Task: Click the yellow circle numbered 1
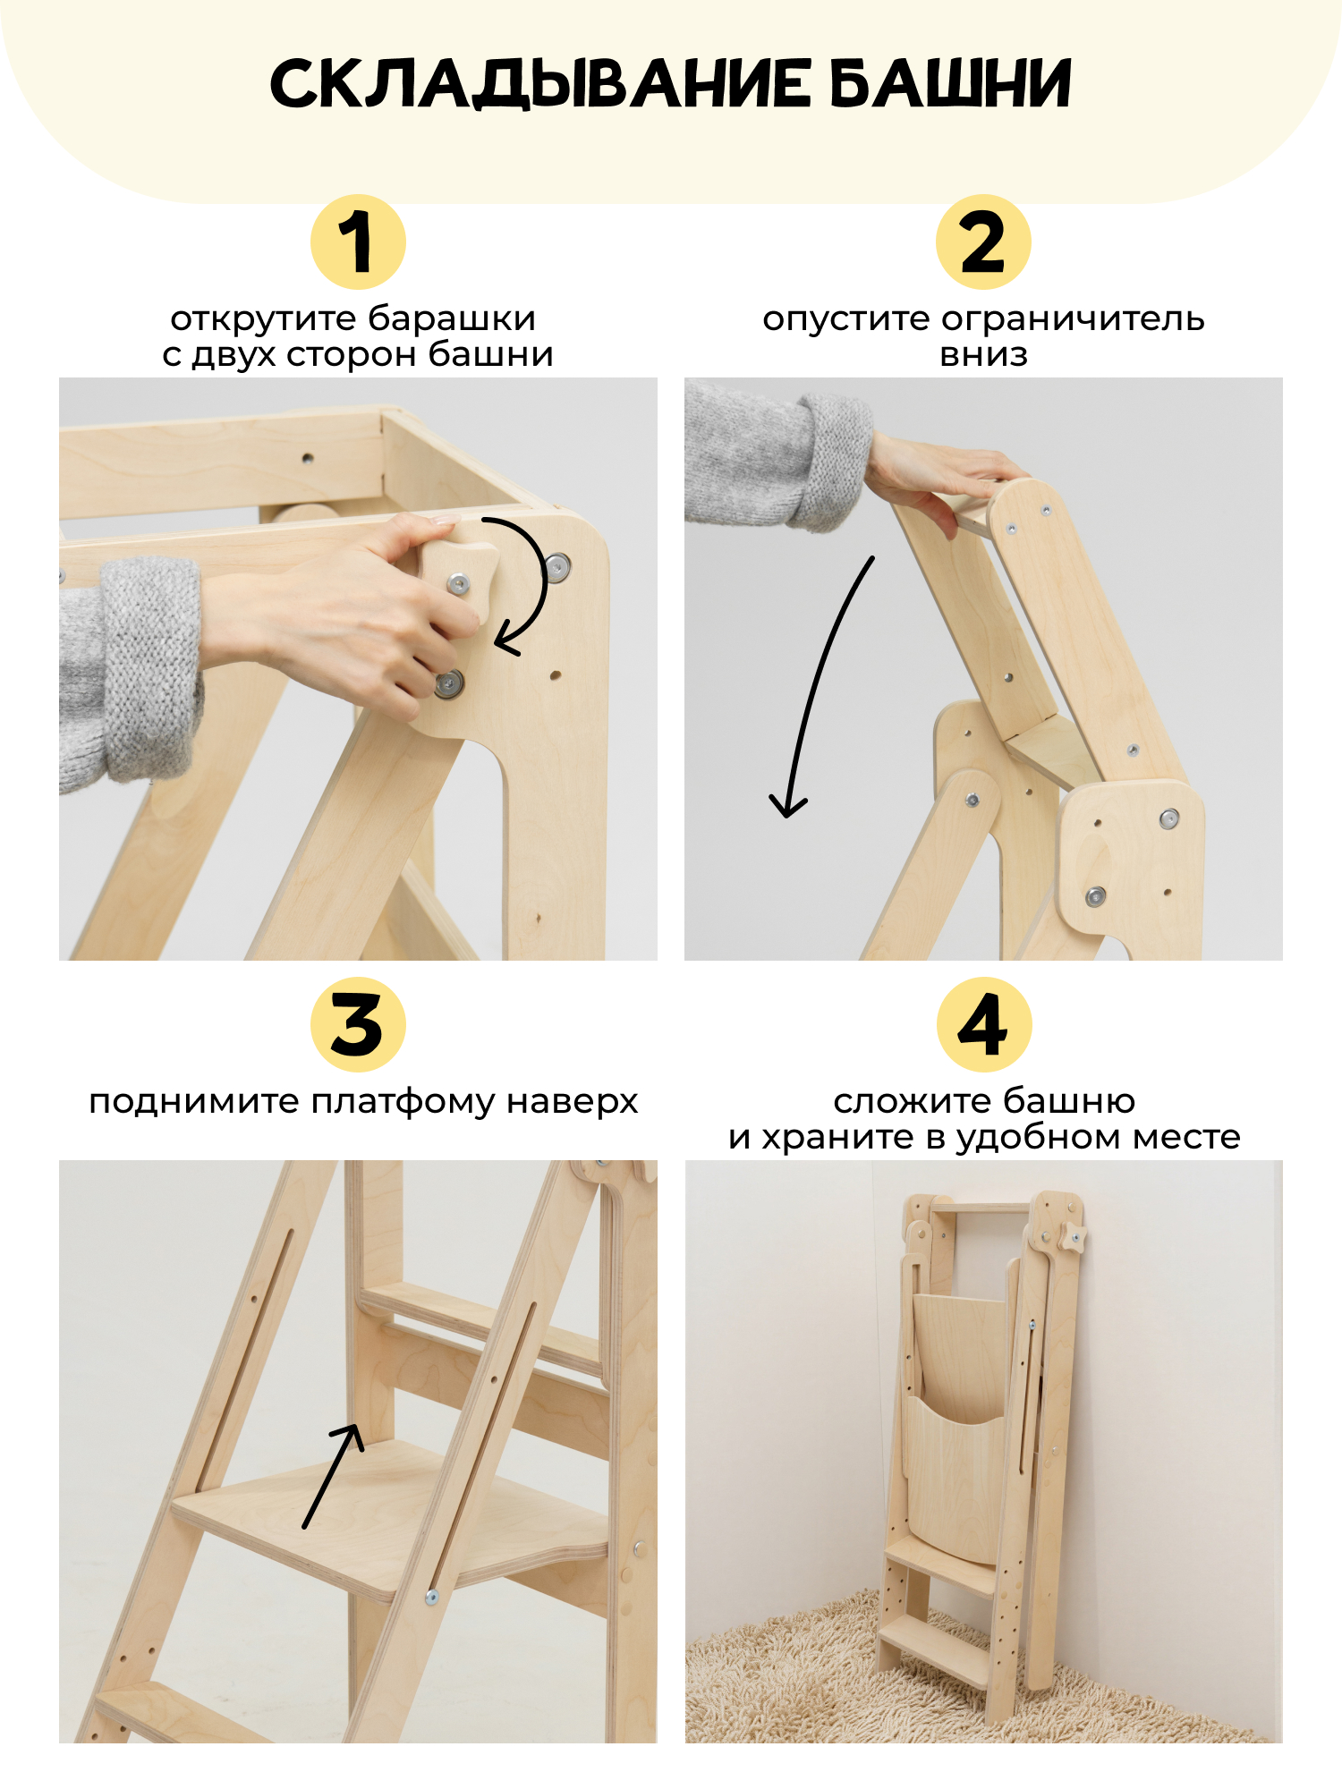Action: [x=358, y=242]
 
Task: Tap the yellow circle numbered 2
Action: [x=983, y=242]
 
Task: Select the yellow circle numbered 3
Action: [x=358, y=1024]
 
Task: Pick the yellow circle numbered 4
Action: [x=984, y=1024]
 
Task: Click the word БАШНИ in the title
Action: [x=950, y=84]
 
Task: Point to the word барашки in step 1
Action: [x=452, y=318]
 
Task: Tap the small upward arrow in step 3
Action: [x=334, y=1476]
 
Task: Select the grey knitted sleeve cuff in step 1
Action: [x=150, y=666]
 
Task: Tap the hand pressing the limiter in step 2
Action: [x=939, y=474]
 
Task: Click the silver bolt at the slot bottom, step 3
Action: [x=431, y=1597]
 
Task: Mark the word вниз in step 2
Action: [x=983, y=356]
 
